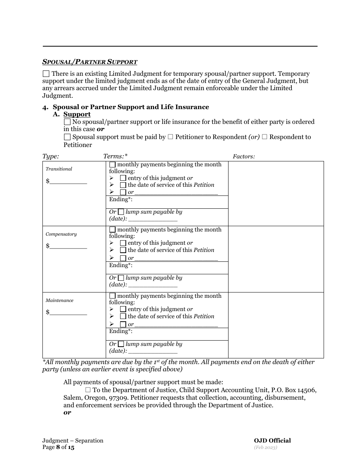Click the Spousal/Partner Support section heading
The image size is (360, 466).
pos(90,62)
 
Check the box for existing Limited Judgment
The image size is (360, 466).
pos(46,74)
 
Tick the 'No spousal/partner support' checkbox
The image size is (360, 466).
pos(67,122)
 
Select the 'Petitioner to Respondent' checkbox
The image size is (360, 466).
pos(170,137)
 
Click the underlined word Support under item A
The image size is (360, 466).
pos(77,114)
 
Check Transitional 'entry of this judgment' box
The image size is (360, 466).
pos(123,178)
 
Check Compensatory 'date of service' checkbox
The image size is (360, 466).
pos(123,250)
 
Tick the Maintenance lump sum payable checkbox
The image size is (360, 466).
pos(121,344)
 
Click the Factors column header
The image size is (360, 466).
pos(244,156)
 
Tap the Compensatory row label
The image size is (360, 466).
pos(61,234)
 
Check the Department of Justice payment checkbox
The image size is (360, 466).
pos(88,390)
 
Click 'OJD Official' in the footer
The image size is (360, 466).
pos(272,441)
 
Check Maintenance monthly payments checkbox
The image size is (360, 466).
pos(113,296)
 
